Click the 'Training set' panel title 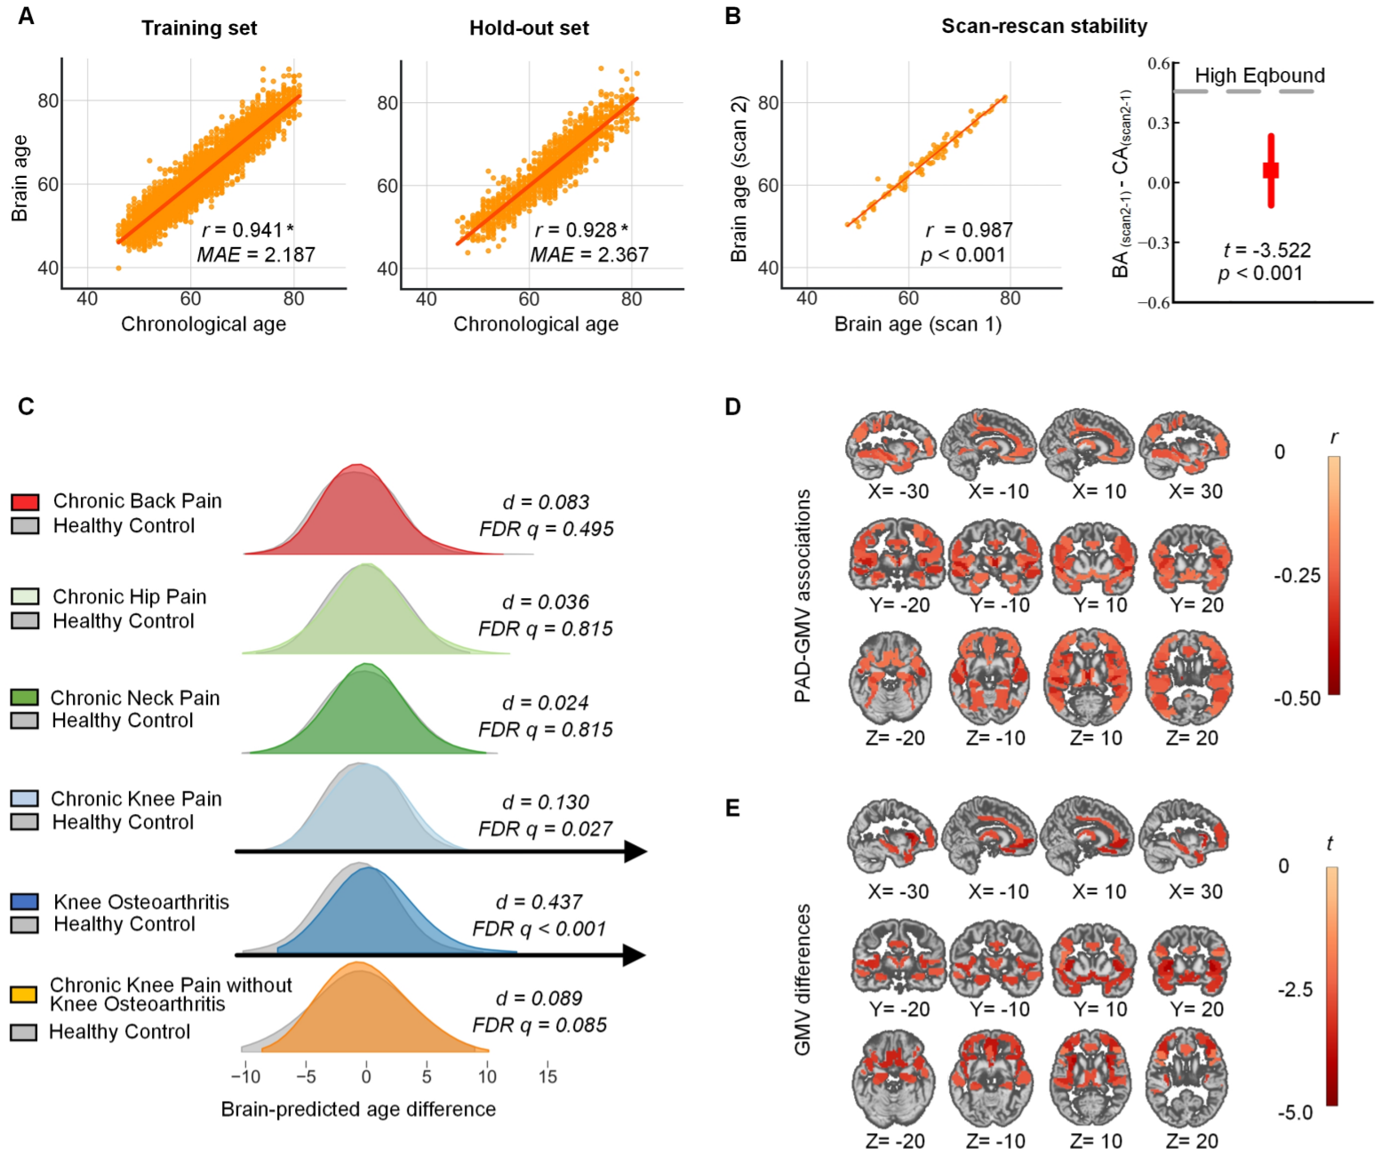coord(199,28)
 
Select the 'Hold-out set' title coord(529,28)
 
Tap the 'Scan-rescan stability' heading coord(1044,27)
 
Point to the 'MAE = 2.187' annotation coord(256,255)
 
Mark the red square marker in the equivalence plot coord(1271,170)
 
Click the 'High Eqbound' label coord(1259,76)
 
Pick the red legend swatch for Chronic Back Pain coord(25,502)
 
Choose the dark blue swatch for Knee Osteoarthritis coord(25,902)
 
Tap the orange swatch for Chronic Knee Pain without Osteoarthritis coord(24,994)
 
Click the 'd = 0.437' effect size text coord(539,902)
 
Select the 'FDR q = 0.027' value coord(545,829)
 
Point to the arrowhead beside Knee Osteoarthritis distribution coord(635,955)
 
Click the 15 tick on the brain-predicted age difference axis coord(547,1077)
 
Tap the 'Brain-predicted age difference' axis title coord(358,1109)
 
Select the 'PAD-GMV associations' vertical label coord(803,595)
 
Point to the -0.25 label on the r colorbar coord(1297,576)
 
